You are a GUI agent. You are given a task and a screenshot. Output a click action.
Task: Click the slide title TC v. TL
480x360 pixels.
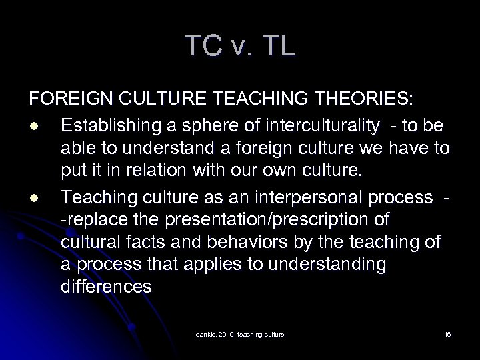coord(239,46)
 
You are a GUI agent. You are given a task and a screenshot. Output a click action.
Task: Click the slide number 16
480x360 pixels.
coord(447,333)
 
